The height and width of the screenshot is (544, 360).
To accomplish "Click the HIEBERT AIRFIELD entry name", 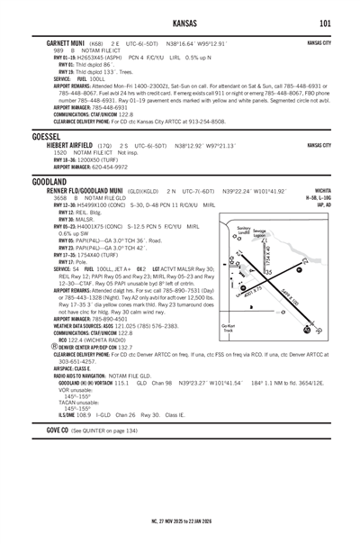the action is coord(58,145).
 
